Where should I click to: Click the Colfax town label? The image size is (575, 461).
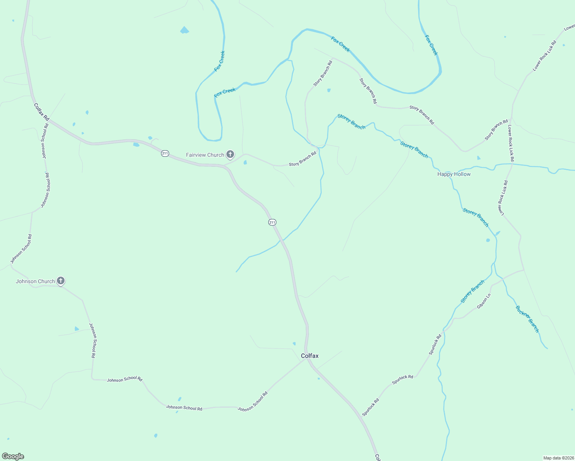pyautogui.click(x=309, y=356)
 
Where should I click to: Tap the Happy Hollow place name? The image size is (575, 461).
pyautogui.click(x=454, y=174)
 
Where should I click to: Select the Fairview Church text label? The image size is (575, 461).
pyautogui.click(x=205, y=155)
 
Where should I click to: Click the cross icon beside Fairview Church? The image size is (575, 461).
pyautogui.click(x=230, y=154)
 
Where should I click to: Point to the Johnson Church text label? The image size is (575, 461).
pyautogui.click(x=35, y=281)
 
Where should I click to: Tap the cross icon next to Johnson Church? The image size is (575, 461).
pyautogui.click(x=61, y=281)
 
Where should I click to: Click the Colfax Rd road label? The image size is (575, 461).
pyautogui.click(x=42, y=111)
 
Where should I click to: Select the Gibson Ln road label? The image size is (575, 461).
pyautogui.click(x=484, y=301)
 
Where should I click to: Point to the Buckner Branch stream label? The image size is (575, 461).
pyautogui.click(x=527, y=319)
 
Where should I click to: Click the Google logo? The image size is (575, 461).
pyautogui.click(x=13, y=456)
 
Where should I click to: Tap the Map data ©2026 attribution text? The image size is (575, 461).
pyautogui.click(x=558, y=458)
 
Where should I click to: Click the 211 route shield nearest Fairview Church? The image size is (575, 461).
pyautogui.click(x=165, y=153)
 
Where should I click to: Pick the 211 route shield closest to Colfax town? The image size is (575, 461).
pyautogui.click(x=272, y=222)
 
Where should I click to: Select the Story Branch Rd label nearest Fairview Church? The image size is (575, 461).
pyautogui.click(x=302, y=159)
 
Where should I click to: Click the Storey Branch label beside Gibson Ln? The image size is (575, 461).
pyautogui.click(x=472, y=292)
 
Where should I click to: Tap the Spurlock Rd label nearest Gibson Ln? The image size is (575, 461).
pyautogui.click(x=435, y=345)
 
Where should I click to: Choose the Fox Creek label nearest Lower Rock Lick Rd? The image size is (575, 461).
pyautogui.click(x=431, y=45)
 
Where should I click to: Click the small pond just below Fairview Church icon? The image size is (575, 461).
pyautogui.click(x=245, y=163)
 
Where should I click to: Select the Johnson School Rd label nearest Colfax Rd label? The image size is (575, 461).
pyautogui.click(x=45, y=141)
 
